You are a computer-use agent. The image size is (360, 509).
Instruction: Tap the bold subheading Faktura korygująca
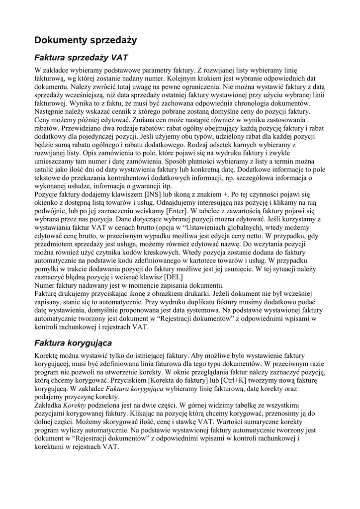[x=73, y=343]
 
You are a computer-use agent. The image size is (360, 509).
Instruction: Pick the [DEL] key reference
[x=173, y=277]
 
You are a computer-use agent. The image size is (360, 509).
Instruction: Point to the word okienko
[x=49, y=203]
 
